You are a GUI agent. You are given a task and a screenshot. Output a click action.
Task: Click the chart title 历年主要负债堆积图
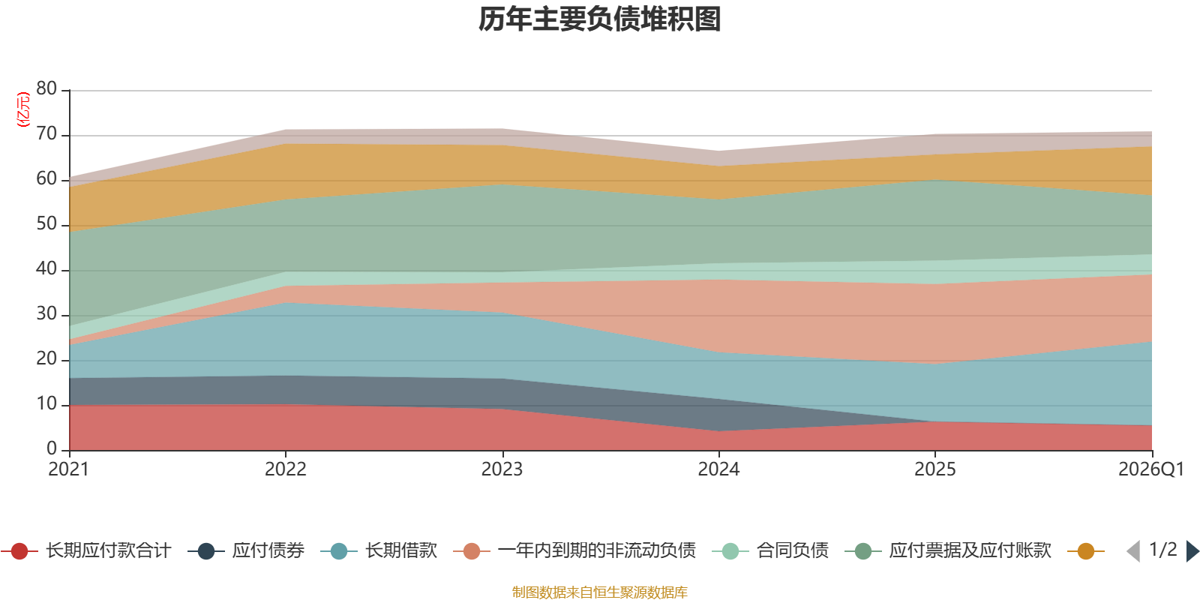coord(600,19)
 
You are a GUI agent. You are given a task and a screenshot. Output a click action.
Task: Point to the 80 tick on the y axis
coord(46,89)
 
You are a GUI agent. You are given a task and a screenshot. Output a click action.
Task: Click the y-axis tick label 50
coord(46,224)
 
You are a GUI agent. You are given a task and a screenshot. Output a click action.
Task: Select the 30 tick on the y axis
coord(46,314)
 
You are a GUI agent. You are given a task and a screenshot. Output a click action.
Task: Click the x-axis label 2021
coord(68,469)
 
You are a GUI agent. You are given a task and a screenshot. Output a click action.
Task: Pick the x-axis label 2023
coord(502,469)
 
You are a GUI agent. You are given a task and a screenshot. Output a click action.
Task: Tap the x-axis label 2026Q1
coord(1150,469)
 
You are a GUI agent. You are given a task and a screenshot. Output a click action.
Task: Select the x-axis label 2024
coord(718,469)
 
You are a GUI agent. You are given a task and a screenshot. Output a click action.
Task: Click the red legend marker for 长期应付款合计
coord(19,551)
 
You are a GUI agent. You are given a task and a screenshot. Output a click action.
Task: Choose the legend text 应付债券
coord(268,551)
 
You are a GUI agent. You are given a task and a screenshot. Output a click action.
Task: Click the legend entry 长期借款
coord(400,551)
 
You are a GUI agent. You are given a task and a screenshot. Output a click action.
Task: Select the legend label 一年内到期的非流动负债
coord(596,551)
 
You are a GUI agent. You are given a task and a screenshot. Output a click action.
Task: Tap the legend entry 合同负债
coord(792,551)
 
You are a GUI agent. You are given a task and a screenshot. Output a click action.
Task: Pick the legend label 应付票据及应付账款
coord(970,551)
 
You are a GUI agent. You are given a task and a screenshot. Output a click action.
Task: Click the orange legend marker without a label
coord(1085,551)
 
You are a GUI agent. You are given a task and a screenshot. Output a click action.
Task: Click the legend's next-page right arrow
coord(1192,551)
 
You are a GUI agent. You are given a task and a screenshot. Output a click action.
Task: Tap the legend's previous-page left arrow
coord(1133,551)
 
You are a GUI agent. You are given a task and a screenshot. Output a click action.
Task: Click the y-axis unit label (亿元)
coord(23,109)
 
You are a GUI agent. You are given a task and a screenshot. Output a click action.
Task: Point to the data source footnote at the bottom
coord(599,592)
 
